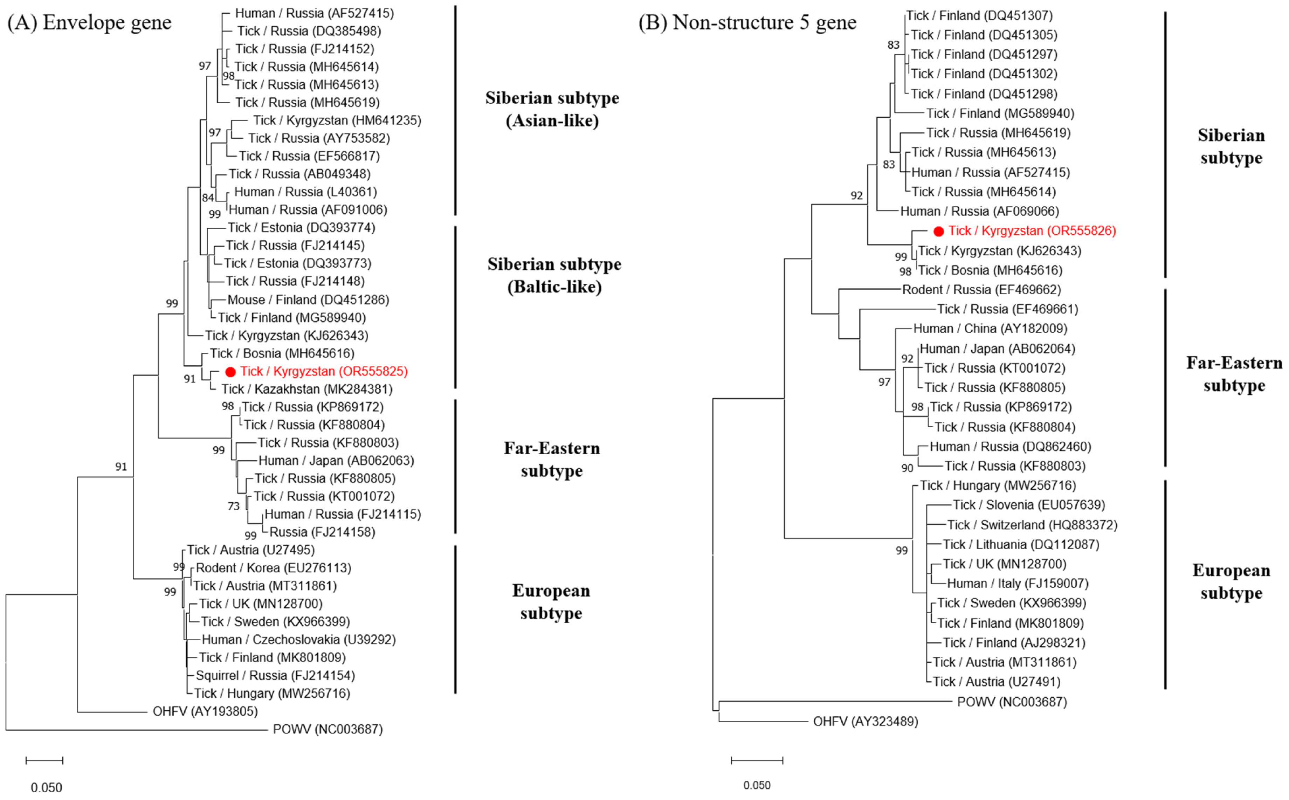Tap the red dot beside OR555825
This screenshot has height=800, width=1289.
click(230, 372)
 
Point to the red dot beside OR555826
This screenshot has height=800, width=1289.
click(938, 231)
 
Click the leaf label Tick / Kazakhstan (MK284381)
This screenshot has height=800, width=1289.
click(306, 389)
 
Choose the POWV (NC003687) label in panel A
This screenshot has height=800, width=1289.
click(328, 730)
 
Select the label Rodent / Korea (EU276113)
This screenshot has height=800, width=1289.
click(273, 568)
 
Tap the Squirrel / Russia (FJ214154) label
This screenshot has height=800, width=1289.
click(275, 676)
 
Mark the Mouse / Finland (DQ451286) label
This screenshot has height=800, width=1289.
click(308, 300)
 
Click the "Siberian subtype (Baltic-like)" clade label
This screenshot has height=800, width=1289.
click(554, 275)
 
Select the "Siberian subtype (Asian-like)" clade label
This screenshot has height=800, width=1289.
click(552, 109)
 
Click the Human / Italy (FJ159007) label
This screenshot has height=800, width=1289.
click(1017, 584)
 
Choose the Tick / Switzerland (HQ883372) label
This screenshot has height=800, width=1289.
click(1032, 525)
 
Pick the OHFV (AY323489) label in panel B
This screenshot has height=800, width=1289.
click(865, 722)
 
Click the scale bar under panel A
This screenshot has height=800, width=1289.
click(44, 761)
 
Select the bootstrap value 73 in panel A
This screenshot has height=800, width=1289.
click(233, 506)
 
